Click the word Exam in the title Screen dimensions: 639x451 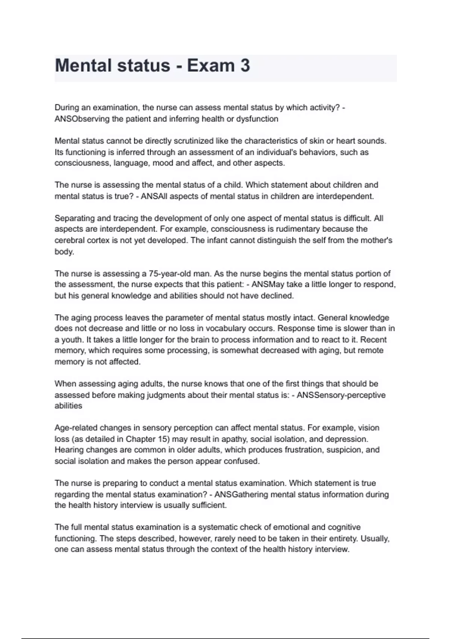[x=211, y=66]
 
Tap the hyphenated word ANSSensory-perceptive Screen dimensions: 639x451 [x=341, y=395]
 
